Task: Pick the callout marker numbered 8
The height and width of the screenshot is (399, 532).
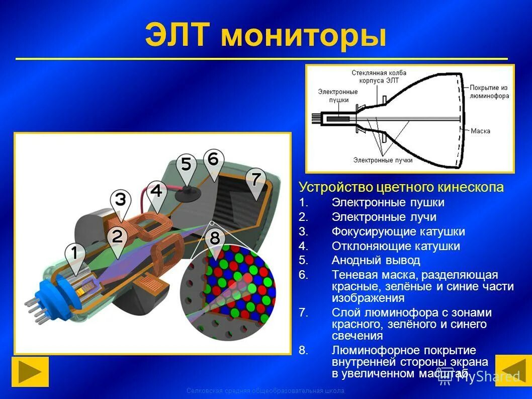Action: [x=215, y=238]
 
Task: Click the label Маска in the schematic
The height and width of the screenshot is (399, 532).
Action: [x=480, y=131]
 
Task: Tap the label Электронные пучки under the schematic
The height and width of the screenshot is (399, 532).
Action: [x=383, y=160]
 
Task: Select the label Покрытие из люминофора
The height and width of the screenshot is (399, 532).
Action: [x=489, y=92]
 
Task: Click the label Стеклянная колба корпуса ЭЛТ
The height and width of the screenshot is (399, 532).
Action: [x=379, y=76]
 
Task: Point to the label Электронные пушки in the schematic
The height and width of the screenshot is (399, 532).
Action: [x=338, y=96]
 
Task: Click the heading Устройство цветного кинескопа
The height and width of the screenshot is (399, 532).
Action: [x=401, y=188]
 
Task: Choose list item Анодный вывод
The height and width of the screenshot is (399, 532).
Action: [x=376, y=261]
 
